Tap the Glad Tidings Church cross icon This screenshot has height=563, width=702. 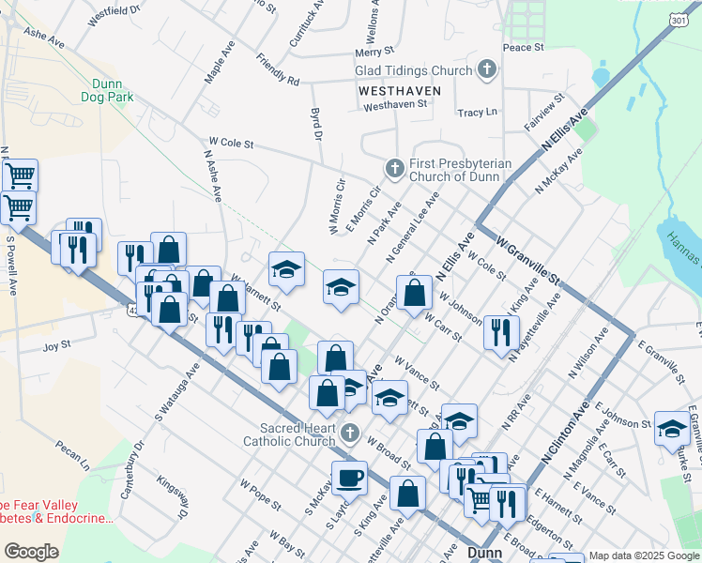[x=486, y=69]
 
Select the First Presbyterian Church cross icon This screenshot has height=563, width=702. [x=394, y=168]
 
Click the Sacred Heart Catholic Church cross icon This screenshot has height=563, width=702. [x=350, y=433]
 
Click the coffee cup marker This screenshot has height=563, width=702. [x=350, y=477]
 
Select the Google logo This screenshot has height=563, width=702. [x=31, y=552]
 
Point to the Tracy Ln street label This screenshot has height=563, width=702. [x=477, y=113]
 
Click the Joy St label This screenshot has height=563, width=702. [x=56, y=346]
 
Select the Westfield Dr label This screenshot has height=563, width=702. [x=113, y=13]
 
